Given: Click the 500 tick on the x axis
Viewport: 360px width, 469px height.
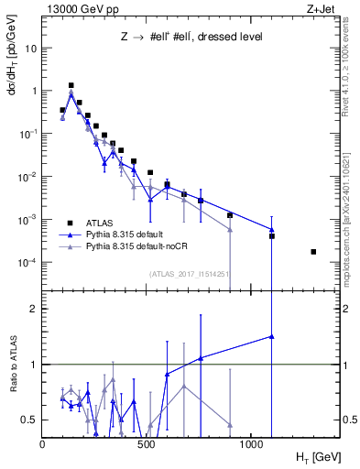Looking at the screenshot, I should click(147, 444).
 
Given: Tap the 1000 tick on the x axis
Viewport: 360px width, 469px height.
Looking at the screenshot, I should click(251, 444).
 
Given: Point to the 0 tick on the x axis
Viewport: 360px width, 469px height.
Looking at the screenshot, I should click(43, 444).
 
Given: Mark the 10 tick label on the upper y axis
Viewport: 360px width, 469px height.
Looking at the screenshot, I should click(30, 48).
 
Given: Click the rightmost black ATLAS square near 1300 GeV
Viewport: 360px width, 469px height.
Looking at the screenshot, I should click(313, 252).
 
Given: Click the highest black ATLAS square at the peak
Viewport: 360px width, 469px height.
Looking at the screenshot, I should click(71, 85).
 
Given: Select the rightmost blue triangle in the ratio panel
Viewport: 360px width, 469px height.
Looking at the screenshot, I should click(271, 336).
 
